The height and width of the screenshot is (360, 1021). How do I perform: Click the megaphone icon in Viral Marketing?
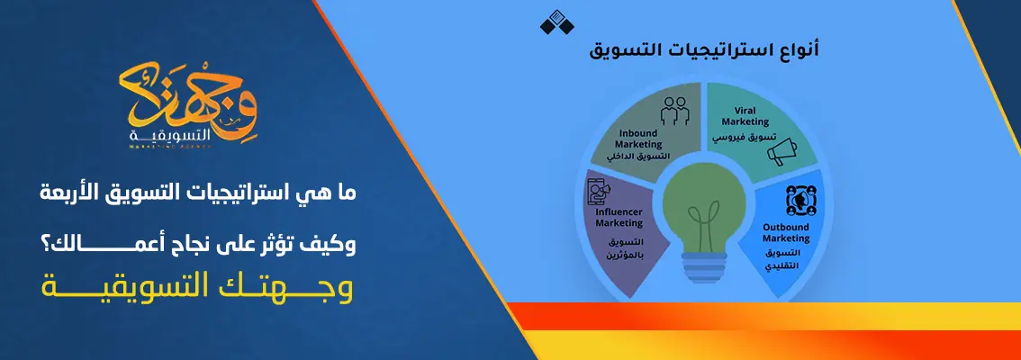pos(782,149)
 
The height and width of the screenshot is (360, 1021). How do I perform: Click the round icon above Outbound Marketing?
pos(796,201)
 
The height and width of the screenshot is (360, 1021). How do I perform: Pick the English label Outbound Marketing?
pos(785,233)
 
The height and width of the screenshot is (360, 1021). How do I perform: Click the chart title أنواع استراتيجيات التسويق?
pos(667,51)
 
